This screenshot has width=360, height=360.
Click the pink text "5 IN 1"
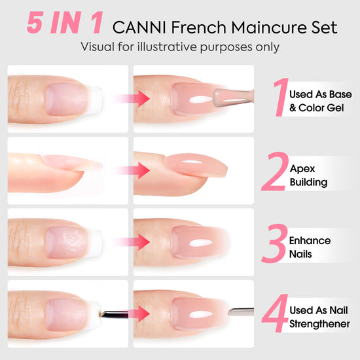tap(65, 23)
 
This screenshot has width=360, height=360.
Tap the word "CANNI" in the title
tap(139, 27)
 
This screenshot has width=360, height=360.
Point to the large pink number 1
tap(281, 97)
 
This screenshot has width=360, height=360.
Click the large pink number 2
tap(275, 171)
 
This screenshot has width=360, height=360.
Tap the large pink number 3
tap(274, 243)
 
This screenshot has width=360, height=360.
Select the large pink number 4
tap(275, 313)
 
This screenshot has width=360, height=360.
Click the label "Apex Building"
tap(308, 175)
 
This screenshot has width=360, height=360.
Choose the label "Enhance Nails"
tap(310, 247)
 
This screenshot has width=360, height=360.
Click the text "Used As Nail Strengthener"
tap(319, 317)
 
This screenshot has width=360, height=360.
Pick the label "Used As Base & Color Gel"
tap(320, 101)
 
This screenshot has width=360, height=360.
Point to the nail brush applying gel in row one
tap(234, 97)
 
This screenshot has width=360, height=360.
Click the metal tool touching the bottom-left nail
tap(113, 314)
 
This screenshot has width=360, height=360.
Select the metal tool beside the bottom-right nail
tap(241, 312)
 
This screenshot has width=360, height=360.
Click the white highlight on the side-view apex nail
tap(192, 162)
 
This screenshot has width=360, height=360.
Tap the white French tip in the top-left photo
tap(95, 99)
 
